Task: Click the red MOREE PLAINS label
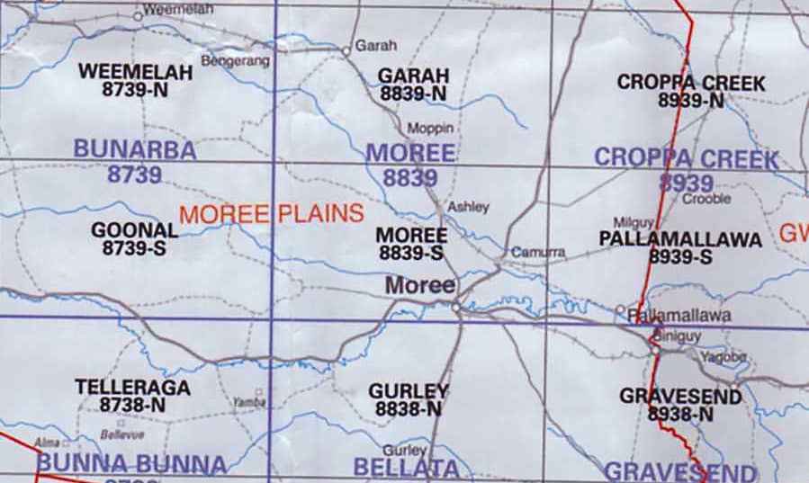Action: click(x=271, y=214)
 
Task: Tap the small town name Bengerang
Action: click(x=236, y=60)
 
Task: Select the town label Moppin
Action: click(x=430, y=129)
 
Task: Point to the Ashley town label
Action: click(x=468, y=207)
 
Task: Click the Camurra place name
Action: click(x=537, y=253)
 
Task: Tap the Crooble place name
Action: click(x=706, y=199)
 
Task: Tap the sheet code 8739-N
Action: click(x=135, y=90)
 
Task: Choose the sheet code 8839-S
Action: click(x=410, y=254)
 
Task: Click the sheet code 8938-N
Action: click(x=680, y=415)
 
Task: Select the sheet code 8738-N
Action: click(x=132, y=406)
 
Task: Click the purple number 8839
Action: click(x=409, y=178)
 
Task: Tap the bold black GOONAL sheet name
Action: click(x=134, y=230)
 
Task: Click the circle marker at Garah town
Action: click(x=346, y=51)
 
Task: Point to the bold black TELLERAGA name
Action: click(x=132, y=388)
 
